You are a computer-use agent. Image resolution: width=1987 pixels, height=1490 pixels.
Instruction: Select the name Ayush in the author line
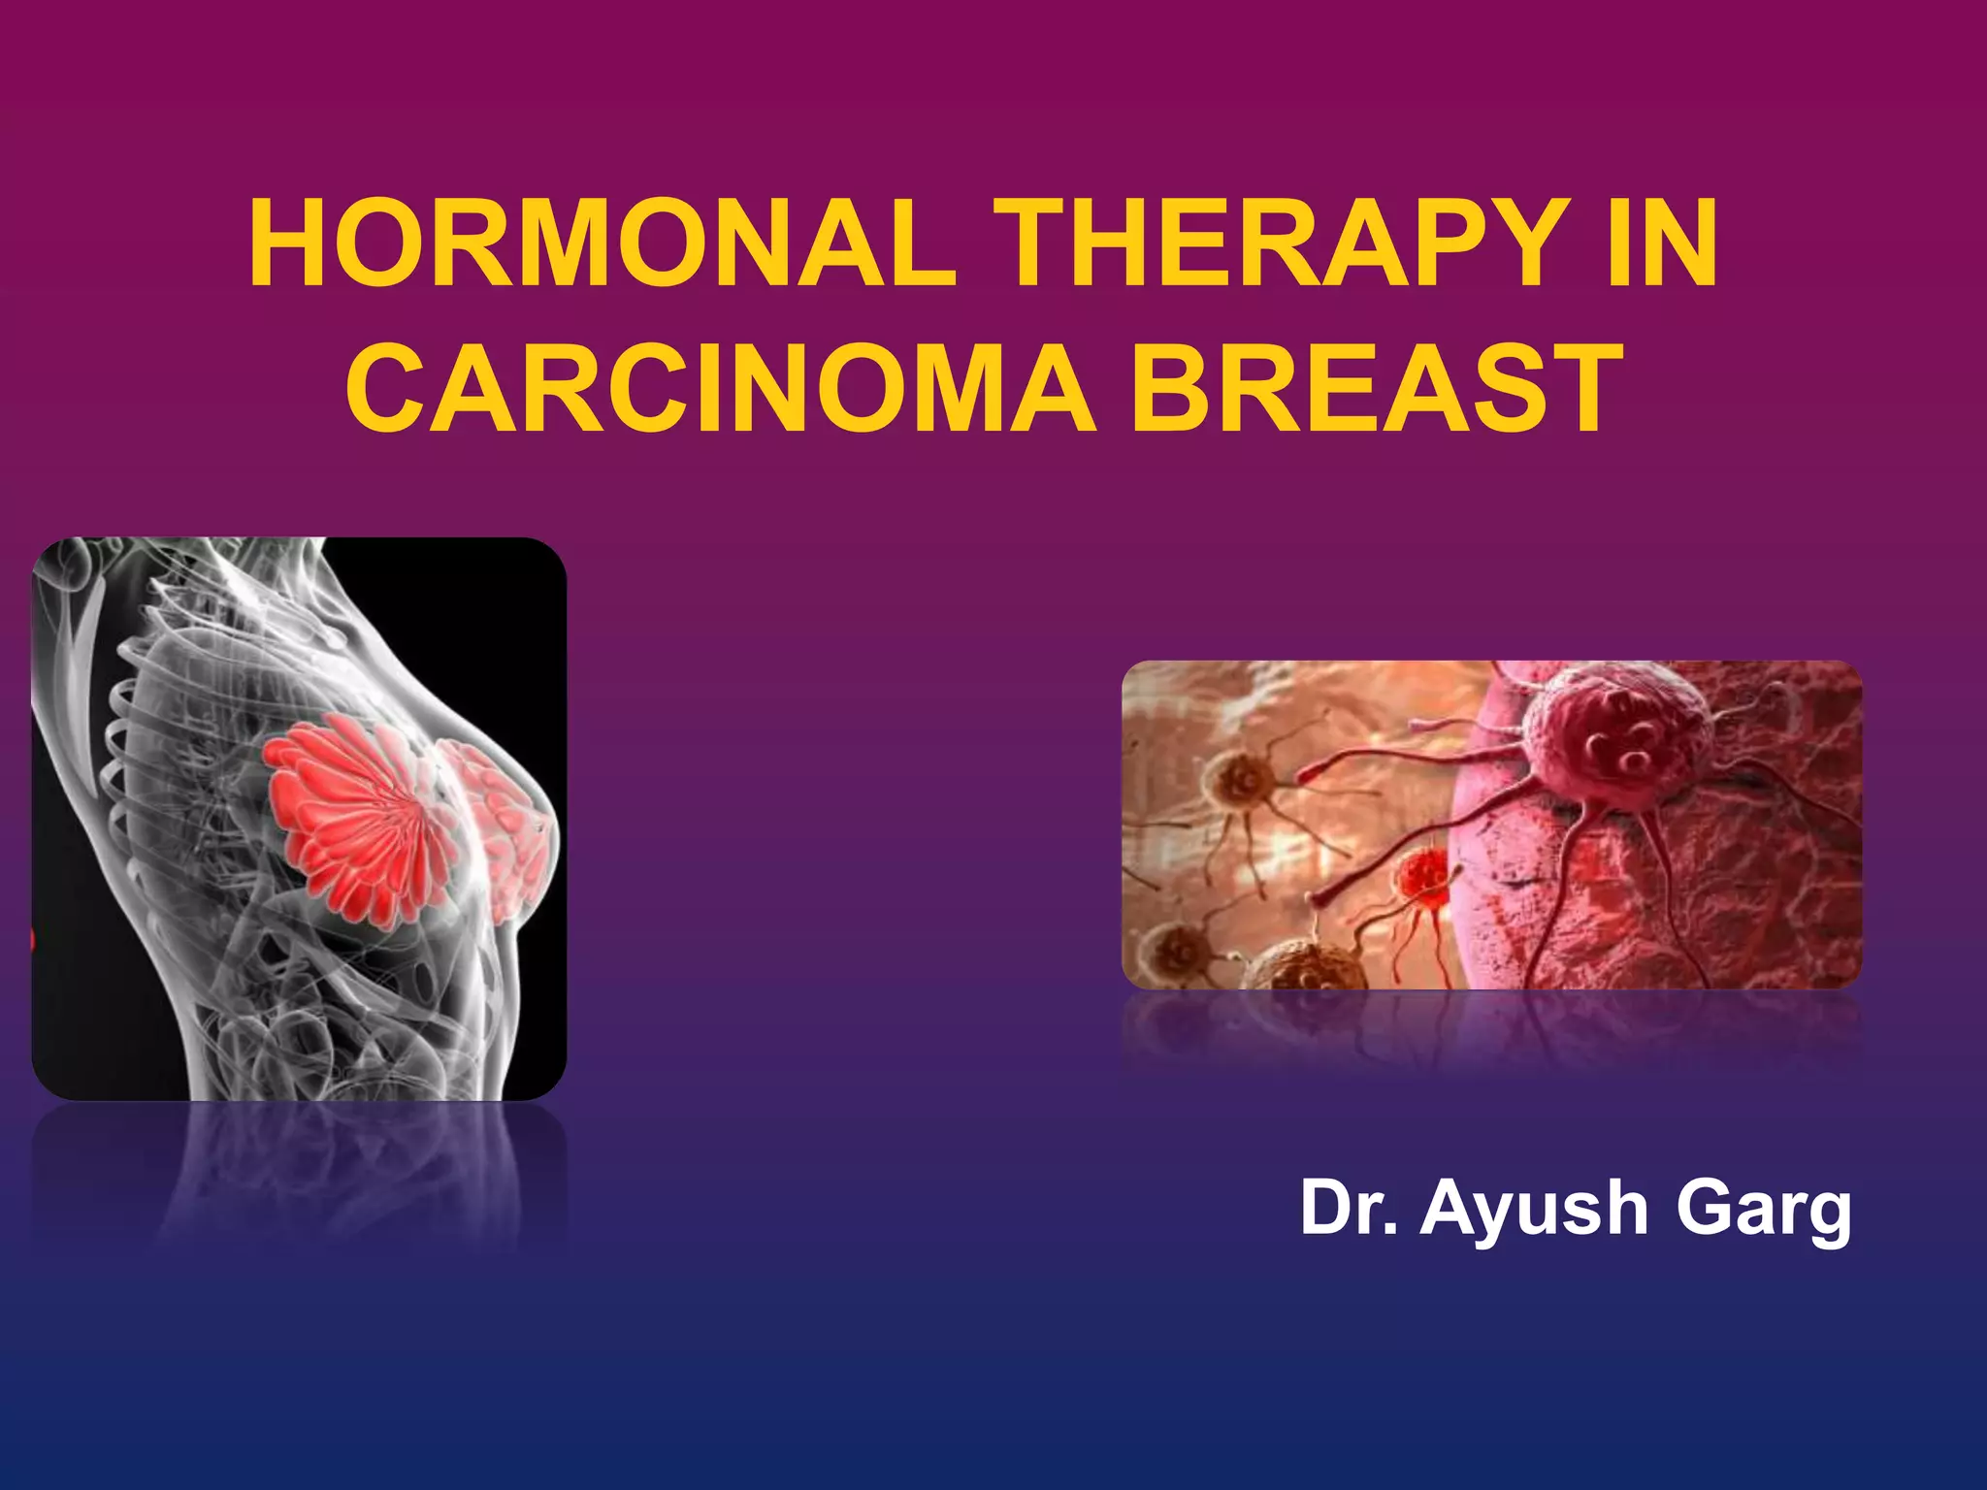click(1534, 1209)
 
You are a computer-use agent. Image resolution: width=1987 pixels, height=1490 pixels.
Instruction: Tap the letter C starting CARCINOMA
click(381, 390)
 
